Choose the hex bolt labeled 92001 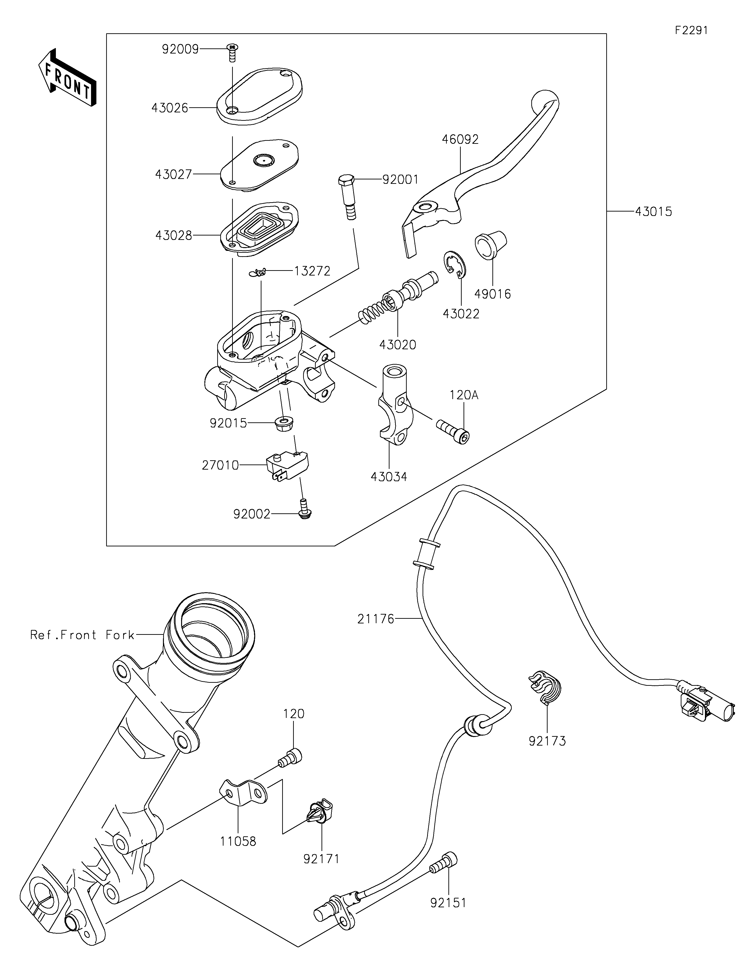click(x=347, y=196)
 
